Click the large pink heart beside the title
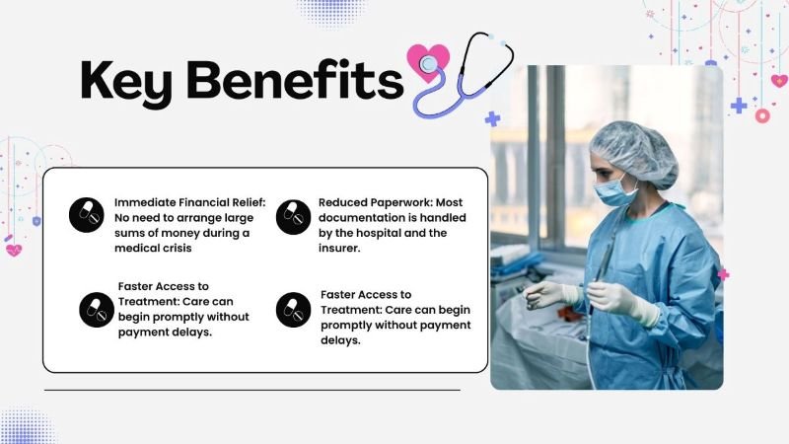click(428, 61)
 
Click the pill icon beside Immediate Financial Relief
click(87, 216)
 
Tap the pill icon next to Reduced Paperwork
click(293, 216)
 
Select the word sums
click(129, 233)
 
